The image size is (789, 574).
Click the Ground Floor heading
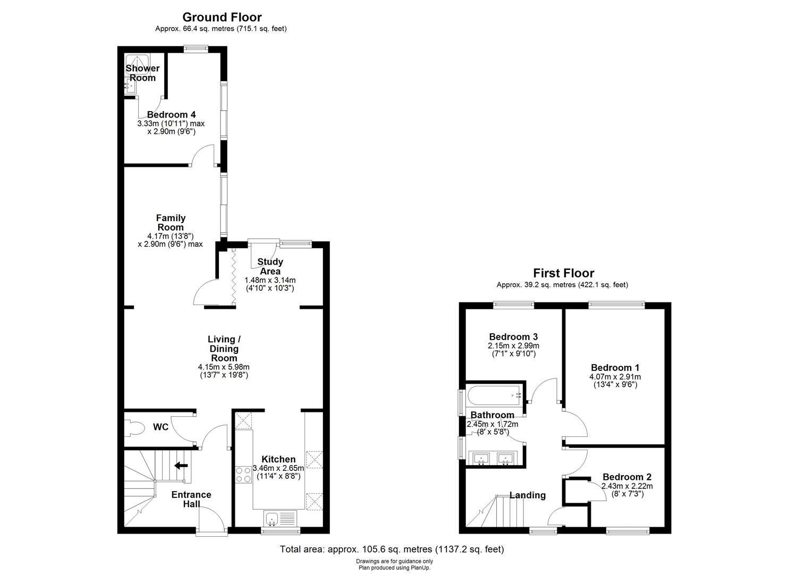(222, 18)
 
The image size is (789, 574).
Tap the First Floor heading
(563, 273)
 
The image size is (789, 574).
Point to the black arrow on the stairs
(181, 466)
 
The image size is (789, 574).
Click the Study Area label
(270, 266)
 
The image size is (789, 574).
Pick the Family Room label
(171, 222)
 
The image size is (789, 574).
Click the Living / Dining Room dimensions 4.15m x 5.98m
(223, 367)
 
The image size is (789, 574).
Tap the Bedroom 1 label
(615, 367)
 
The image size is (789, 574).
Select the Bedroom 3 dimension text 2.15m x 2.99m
(513, 345)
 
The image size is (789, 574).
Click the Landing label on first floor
(527, 495)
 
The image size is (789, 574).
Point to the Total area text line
(392, 550)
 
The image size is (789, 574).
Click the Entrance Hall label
(191, 499)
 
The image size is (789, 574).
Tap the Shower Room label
(142, 73)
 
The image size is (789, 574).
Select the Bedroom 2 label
(626, 477)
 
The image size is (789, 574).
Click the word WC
(160, 427)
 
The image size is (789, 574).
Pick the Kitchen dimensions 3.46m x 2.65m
(278, 468)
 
